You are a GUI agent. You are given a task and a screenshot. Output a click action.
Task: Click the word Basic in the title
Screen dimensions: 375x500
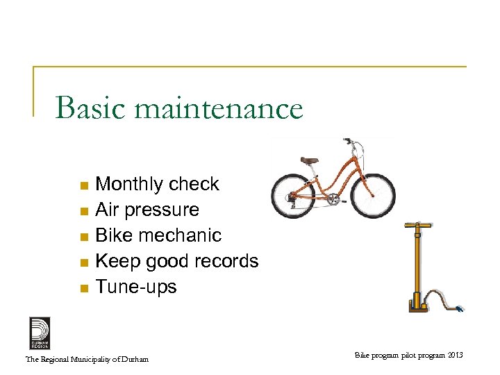tap(90, 108)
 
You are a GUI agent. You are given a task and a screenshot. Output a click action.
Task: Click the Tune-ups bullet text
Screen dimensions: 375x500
tap(136, 287)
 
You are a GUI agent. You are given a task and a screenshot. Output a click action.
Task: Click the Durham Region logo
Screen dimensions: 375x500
tap(40, 333)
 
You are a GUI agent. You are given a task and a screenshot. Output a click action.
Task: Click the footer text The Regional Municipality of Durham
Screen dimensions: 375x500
tap(87, 359)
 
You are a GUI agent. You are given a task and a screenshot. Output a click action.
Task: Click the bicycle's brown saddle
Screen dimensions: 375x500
tap(309, 161)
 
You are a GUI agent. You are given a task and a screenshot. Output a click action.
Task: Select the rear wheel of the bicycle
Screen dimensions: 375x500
tap(293, 195)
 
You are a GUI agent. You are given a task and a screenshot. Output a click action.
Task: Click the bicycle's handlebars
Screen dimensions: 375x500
tap(356, 145)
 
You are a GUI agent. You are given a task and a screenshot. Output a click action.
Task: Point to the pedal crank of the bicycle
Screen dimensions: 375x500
tap(333, 199)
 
